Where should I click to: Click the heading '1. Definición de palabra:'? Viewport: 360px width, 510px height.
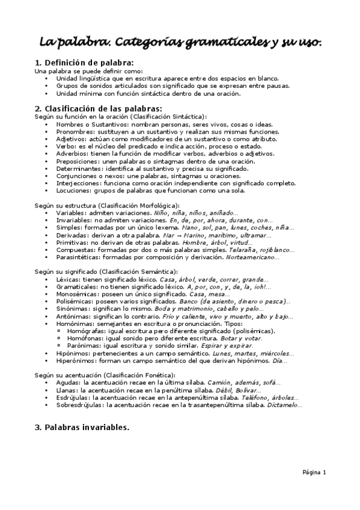pyautogui.click(x=84, y=63)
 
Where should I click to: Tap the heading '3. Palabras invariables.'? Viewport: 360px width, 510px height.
pyautogui.click(x=82, y=428)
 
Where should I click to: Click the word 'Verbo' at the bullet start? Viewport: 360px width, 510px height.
pyautogui.click(x=66, y=146)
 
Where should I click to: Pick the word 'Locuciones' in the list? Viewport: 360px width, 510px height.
pyautogui.click(x=74, y=190)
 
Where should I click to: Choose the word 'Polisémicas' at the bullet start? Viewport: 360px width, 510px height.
pyautogui.click(x=75, y=301)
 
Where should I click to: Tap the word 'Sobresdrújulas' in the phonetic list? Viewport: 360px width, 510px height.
pyautogui.click(x=79, y=405)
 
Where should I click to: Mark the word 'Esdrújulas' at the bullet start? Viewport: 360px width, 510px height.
pyautogui.click(x=73, y=398)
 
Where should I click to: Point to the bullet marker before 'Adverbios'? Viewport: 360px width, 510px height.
pyautogui.click(x=48, y=153)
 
